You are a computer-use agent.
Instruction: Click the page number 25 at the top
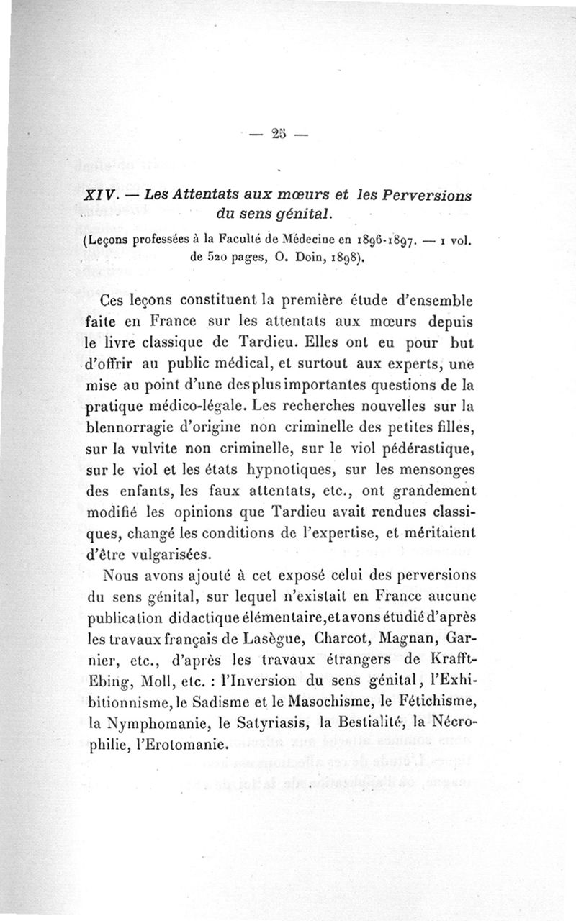pos(279,135)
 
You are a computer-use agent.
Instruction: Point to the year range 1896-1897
pos(387,240)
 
